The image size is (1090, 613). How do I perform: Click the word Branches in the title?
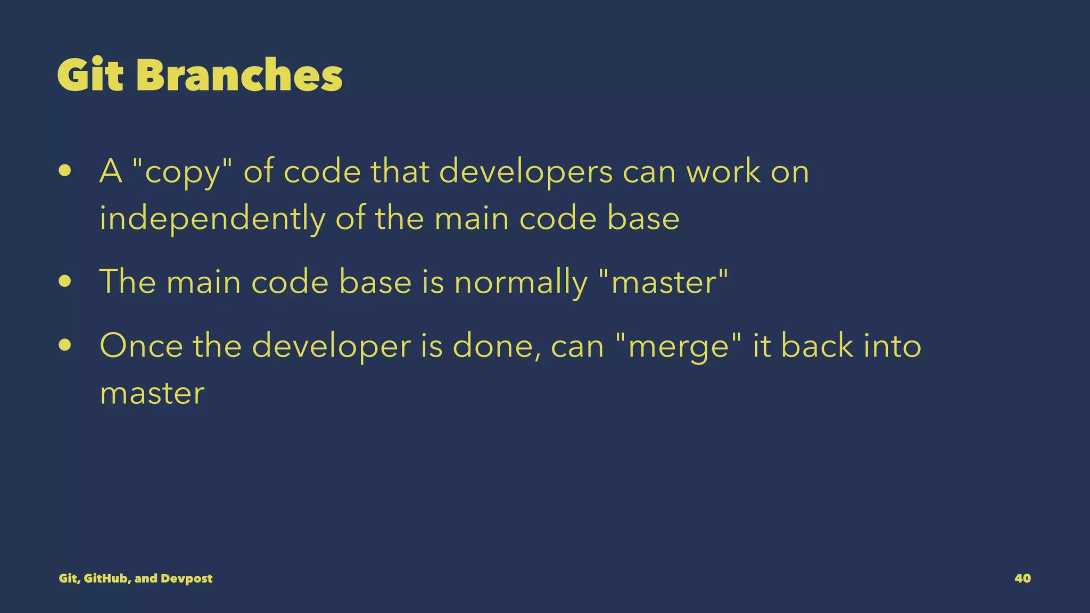(239, 75)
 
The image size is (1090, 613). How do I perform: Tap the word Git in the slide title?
(90, 75)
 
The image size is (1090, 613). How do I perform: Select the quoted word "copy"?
(181, 172)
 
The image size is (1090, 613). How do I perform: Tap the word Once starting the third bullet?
(141, 346)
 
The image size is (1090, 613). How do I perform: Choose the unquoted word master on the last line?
(152, 393)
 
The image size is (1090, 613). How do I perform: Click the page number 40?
(1022, 578)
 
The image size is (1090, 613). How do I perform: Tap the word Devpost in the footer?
(186, 578)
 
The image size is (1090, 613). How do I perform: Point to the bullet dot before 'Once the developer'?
(65, 345)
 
